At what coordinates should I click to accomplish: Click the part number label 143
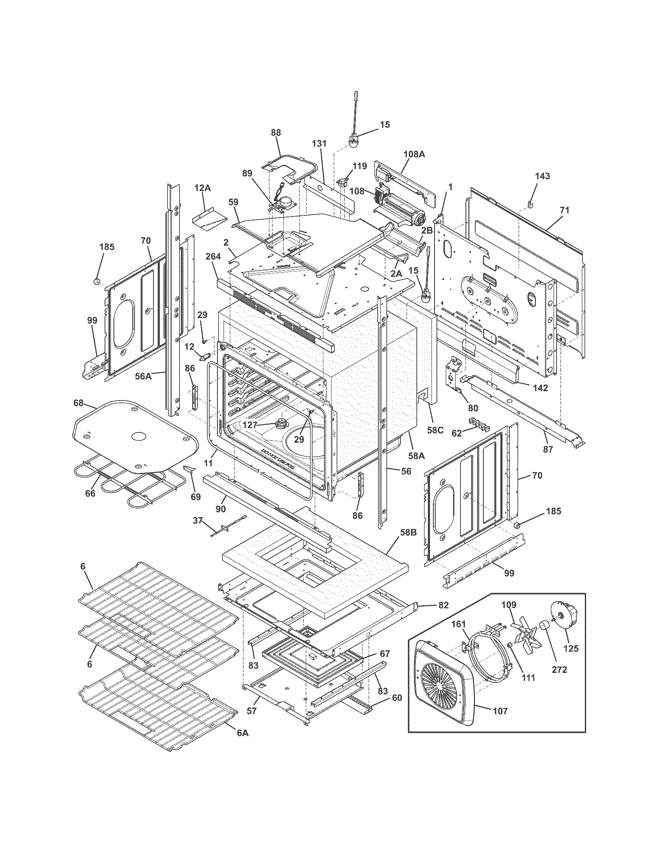pyautogui.click(x=543, y=176)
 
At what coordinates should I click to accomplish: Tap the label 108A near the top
pyautogui.click(x=414, y=154)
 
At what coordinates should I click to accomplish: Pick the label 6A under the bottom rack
pyautogui.click(x=242, y=744)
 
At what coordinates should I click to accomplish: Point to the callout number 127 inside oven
pyautogui.click(x=250, y=425)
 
